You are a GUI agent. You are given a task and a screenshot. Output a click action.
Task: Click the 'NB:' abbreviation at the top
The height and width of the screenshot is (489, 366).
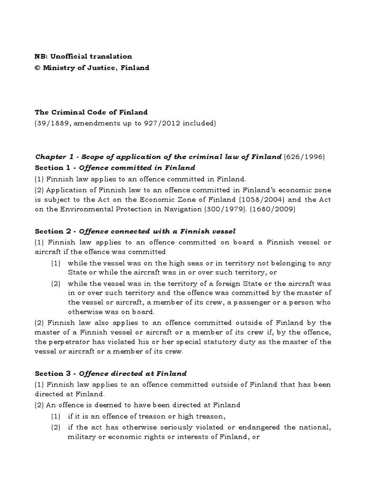tap(41, 56)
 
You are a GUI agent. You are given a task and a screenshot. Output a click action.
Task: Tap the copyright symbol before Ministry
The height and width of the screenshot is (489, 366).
tap(38, 68)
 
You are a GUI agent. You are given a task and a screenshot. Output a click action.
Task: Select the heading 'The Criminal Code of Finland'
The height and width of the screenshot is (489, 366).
tap(91, 113)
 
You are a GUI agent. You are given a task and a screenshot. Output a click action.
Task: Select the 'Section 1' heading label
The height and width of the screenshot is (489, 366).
tap(55, 168)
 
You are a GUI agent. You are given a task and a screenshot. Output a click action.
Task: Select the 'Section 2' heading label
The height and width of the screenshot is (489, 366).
tap(55, 231)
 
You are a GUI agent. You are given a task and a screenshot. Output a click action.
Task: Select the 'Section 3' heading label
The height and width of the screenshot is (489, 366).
tap(55, 373)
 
